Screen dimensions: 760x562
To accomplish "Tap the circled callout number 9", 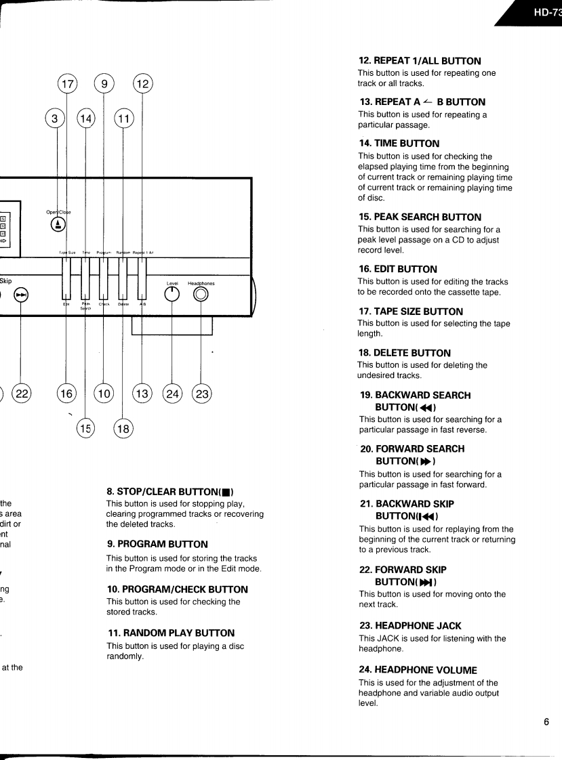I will pos(104,85).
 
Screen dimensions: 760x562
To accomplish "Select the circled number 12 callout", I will pos(142,85).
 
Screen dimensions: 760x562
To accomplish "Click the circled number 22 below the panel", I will pos(22,394).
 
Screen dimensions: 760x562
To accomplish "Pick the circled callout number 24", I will pos(173,394).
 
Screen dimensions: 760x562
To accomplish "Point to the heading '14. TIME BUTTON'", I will pos(400,144).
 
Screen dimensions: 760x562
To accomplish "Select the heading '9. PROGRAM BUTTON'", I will pos(157,544).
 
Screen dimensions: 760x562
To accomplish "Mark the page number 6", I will pos(546,721).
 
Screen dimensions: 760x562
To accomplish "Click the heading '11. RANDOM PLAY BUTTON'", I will pos(171,633).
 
